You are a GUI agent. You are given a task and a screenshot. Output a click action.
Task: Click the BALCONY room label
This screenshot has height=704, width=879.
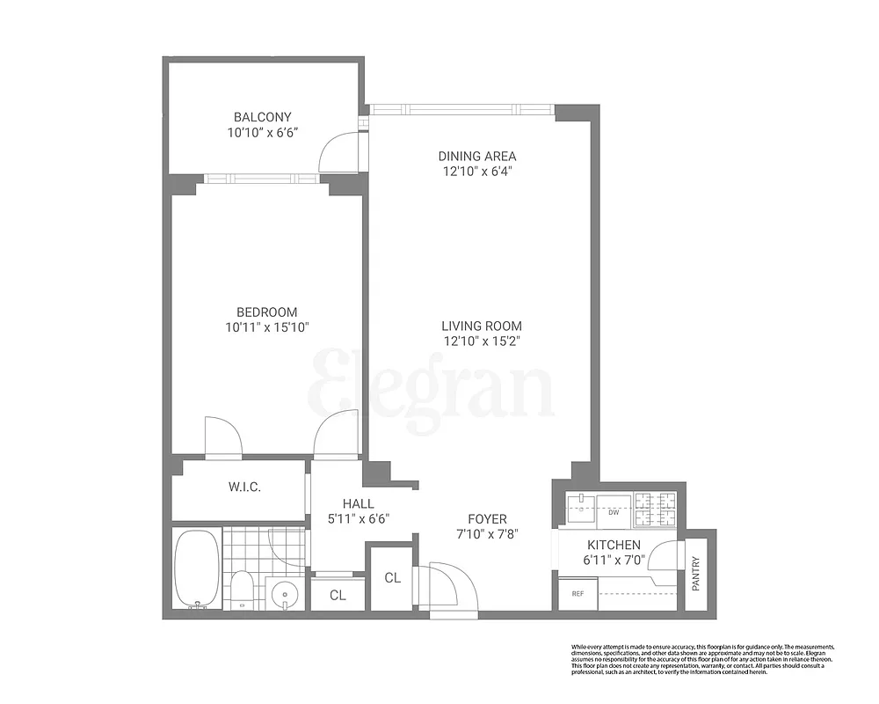[262, 117]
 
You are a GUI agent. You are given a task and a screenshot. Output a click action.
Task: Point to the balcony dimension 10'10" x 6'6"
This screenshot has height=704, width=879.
[262, 133]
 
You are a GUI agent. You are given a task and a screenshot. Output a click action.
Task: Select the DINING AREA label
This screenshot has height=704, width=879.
[477, 157]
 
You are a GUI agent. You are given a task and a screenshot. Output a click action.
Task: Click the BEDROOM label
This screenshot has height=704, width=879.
[266, 312]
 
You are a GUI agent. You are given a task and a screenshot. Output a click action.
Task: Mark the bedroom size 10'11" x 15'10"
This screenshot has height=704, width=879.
[266, 327]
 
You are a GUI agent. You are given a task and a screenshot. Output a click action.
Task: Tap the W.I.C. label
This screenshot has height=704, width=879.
[245, 488]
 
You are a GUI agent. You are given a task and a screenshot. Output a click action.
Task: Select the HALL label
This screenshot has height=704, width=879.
[359, 503]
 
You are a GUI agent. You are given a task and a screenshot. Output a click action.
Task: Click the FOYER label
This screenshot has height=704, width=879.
[486, 519]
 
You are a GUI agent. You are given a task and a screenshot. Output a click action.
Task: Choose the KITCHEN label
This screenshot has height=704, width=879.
[614, 546]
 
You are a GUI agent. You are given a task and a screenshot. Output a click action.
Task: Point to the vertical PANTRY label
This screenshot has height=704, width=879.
[696, 574]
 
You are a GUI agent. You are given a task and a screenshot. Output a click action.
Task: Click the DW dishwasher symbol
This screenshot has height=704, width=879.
[613, 511]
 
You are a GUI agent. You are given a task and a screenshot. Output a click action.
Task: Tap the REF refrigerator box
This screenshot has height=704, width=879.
[578, 594]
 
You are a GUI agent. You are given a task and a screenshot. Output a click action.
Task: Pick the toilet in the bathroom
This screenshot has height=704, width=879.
[240, 587]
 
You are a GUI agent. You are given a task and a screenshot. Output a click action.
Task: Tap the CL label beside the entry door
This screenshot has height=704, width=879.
[392, 578]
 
